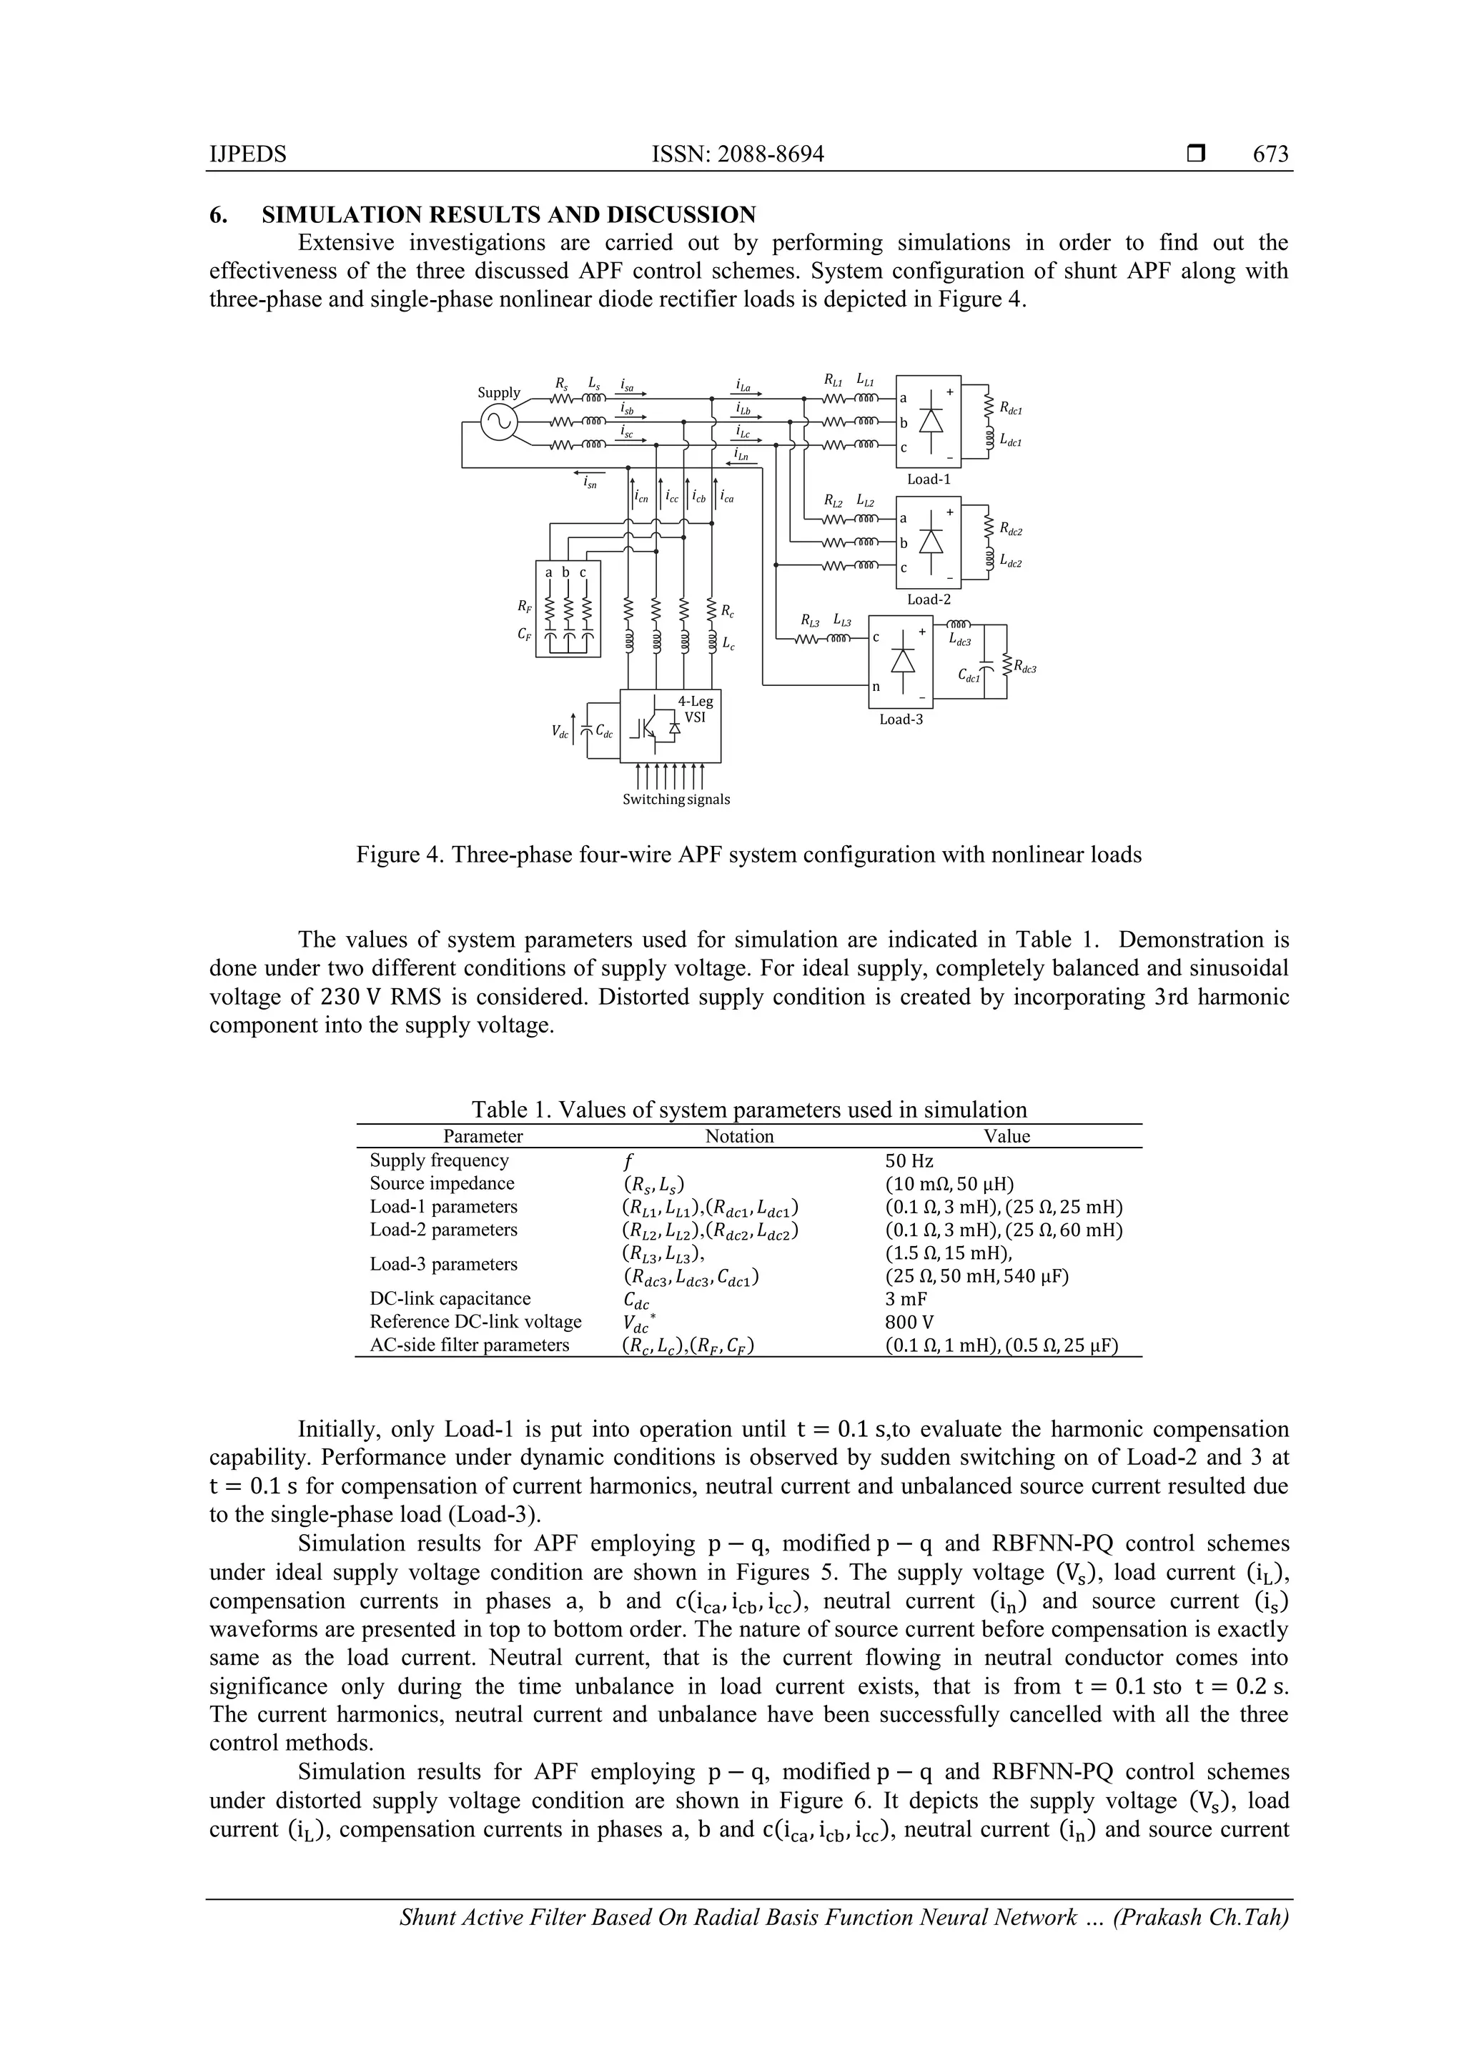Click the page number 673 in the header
[1270, 154]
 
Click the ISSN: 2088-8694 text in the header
[738, 154]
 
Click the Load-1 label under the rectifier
[928, 479]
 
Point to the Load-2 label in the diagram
[928, 599]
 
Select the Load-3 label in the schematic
[901, 720]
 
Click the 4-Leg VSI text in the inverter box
[695, 710]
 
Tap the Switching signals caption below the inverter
[676, 800]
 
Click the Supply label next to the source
[499, 392]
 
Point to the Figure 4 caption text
[748, 855]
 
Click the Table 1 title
[748, 1110]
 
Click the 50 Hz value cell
[909, 1161]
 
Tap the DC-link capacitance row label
[450, 1299]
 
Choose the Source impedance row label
[442, 1184]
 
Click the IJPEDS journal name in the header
[247, 154]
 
